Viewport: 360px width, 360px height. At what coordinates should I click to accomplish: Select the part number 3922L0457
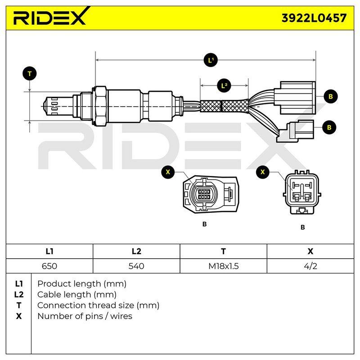tap(314, 18)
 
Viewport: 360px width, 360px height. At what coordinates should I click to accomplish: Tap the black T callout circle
tap(30, 74)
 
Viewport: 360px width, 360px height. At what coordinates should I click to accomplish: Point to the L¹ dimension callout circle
tap(211, 60)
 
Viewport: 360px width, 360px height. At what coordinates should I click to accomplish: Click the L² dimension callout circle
tap(224, 85)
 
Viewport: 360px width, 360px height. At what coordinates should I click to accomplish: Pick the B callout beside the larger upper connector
tap(331, 96)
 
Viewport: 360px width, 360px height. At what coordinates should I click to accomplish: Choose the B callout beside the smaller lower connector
tap(329, 127)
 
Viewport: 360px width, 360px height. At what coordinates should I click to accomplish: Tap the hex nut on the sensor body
tap(100, 106)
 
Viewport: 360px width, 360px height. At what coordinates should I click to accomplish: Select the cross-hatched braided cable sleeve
tap(224, 106)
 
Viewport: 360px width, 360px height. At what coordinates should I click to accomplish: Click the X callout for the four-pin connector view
tap(168, 172)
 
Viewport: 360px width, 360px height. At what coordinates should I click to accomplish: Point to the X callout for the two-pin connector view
tap(263, 172)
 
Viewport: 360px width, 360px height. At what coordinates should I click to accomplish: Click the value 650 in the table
tap(49, 266)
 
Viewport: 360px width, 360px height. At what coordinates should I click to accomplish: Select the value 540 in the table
tap(136, 266)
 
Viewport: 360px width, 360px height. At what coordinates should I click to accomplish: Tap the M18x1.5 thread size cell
tap(223, 266)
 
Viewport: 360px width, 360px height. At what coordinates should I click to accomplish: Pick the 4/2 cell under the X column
tap(310, 266)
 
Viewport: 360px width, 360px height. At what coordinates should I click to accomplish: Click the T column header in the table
tap(223, 252)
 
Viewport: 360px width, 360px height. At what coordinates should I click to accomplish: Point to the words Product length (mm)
tap(82, 284)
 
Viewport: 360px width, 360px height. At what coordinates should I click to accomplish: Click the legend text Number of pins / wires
tap(85, 316)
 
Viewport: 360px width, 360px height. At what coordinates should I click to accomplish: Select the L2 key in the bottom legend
tap(18, 295)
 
